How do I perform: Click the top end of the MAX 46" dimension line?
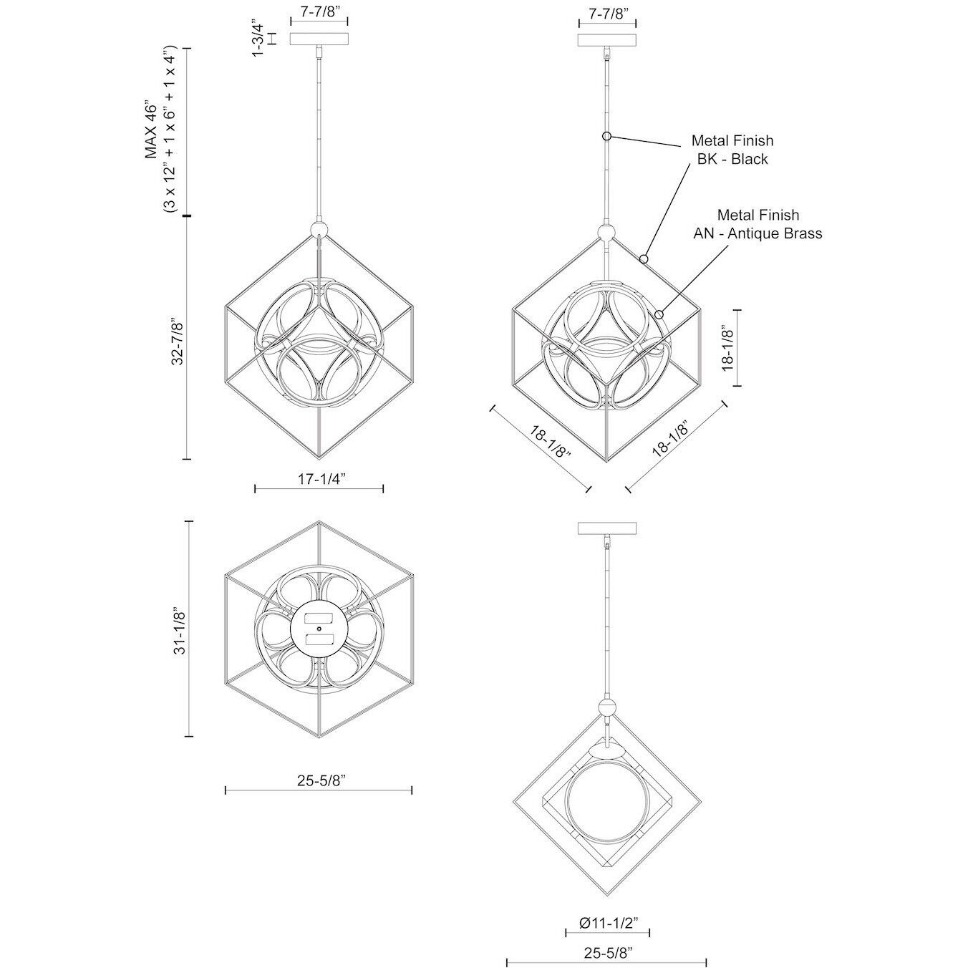pos(188,48)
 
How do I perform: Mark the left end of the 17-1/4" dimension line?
pos(255,488)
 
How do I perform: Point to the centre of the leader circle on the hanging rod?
pos(607,135)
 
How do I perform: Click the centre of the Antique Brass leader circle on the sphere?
pos(659,314)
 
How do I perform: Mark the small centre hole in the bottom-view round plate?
pos(319,629)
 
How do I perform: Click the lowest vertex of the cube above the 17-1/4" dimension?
pos(319,459)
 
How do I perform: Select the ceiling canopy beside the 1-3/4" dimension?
pos(319,39)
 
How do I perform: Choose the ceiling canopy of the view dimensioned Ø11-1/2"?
pos(607,528)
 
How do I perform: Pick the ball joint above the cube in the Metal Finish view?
pos(607,233)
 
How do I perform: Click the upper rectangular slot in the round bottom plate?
pos(319,617)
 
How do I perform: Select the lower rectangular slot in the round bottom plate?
pos(319,639)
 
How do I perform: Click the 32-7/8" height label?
pos(178,342)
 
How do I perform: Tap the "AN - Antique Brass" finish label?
pos(758,233)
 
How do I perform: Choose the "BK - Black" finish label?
pos(732,159)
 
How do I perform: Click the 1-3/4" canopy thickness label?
pos(258,38)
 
